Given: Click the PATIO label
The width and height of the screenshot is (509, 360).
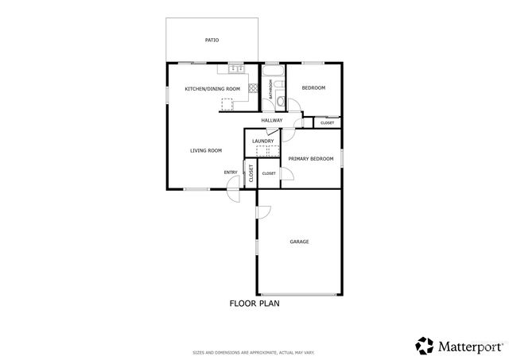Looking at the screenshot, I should [x=212, y=40].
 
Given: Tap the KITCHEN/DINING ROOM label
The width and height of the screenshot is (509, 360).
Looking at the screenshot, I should [x=212, y=88].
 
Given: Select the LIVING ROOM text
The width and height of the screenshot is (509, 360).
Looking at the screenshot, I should [x=205, y=150].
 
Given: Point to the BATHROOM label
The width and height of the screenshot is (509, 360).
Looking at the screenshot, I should [x=270, y=88].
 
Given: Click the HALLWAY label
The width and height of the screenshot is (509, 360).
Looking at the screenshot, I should [x=272, y=120].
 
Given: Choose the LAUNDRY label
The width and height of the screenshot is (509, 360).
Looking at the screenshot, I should [x=262, y=141].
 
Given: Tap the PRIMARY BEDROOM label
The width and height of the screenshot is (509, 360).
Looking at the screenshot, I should [x=311, y=159].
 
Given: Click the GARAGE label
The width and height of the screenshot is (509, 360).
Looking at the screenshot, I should [x=299, y=242].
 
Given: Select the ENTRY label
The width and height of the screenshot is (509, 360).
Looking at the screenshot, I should [x=231, y=172].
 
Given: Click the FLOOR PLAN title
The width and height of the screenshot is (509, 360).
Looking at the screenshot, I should [x=254, y=303].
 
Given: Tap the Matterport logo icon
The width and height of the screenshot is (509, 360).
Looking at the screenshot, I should [x=424, y=345].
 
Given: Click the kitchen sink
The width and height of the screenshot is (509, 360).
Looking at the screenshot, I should [x=235, y=70].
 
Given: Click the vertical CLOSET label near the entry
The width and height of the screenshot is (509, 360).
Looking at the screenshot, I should [x=251, y=174].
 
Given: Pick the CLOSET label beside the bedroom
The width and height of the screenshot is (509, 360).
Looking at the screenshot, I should [x=327, y=123].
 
